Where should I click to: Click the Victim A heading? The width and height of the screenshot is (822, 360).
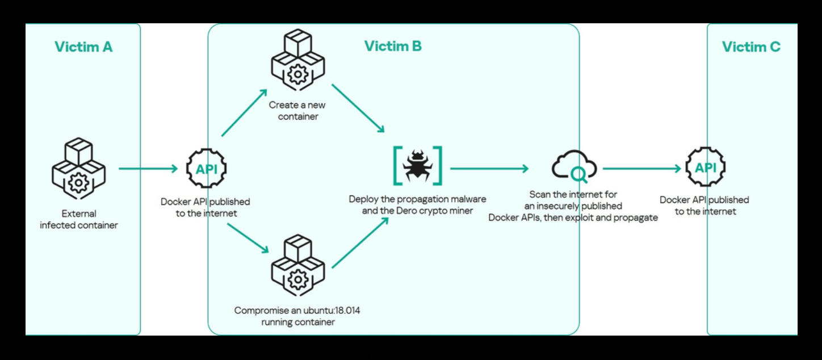click(83, 47)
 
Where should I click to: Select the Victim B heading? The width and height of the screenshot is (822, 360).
click(393, 46)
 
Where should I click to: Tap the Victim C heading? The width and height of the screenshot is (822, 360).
click(751, 47)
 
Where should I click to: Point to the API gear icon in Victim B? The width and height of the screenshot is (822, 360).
click(206, 169)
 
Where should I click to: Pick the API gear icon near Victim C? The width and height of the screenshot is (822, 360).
click(706, 168)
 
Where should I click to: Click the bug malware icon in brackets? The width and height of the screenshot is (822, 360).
click(417, 165)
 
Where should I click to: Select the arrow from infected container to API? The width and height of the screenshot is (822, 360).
click(148, 169)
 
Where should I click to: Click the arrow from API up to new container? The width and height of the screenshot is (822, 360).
click(244, 113)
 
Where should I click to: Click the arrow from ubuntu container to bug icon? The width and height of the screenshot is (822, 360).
click(360, 243)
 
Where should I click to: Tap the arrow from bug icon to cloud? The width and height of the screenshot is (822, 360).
click(489, 169)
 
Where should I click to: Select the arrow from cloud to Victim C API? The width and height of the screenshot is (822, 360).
click(641, 169)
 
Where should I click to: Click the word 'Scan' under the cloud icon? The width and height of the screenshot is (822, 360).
click(540, 194)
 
